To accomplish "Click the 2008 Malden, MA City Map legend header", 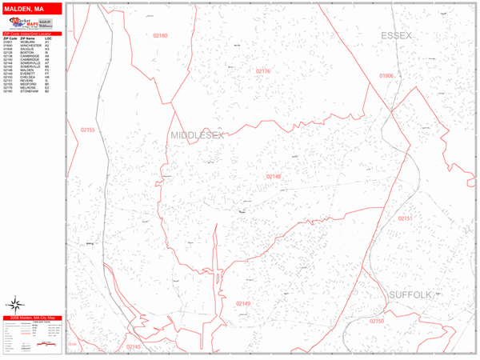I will coord(32,318).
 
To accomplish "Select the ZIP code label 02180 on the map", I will coord(160,36).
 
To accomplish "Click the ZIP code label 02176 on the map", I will coord(263,71).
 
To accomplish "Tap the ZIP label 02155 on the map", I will coord(87,130).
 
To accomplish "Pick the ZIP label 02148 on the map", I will coord(274,176).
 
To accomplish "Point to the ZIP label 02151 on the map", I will coord(406,218).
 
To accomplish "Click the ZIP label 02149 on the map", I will coord(243,304).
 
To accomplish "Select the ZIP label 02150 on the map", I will coord(377,321).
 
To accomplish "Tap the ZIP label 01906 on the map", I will coord(386,76).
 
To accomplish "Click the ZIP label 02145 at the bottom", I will coord(133,346).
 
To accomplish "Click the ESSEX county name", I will coord(396,36).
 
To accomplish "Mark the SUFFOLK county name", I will coord(410,295).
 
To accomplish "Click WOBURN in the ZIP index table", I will coord(37,42).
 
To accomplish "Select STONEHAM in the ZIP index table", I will coord(38,91).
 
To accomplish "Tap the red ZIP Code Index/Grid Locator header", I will coord(32,34).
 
